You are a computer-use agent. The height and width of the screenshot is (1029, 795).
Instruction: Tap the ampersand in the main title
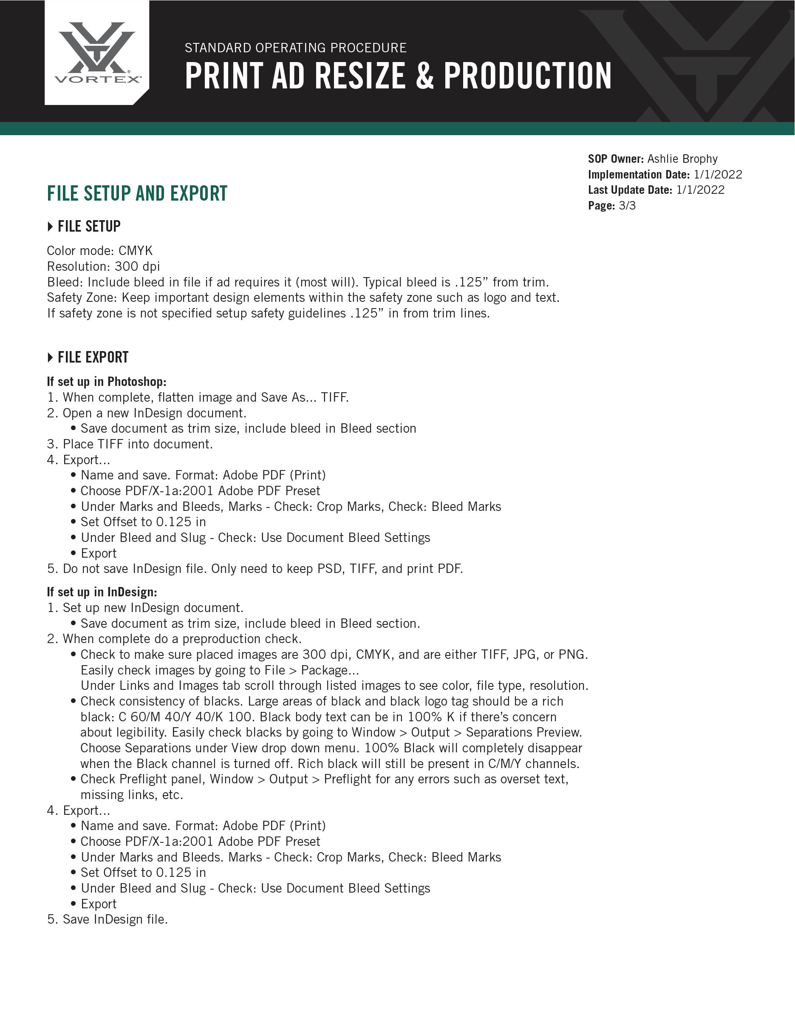point(424,77)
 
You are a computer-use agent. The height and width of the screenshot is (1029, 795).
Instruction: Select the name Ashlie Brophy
point(682,159)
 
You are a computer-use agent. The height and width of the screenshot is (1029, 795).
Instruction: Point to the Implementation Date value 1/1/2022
point(718,174)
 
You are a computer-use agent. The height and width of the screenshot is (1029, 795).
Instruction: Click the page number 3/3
point(627,205)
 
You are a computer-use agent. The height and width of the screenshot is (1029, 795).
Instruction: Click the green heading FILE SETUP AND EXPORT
point(137,194)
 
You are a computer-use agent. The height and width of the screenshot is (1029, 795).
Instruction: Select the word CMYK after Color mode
point(136,251)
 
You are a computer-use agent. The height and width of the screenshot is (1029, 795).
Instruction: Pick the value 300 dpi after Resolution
point(137,266)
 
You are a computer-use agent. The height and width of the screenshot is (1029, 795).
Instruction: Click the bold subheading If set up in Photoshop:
point(107,381)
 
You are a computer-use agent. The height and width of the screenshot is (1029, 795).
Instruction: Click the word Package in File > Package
point(330,670)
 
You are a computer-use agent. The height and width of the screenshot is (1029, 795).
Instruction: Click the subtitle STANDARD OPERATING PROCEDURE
point(296,48)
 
